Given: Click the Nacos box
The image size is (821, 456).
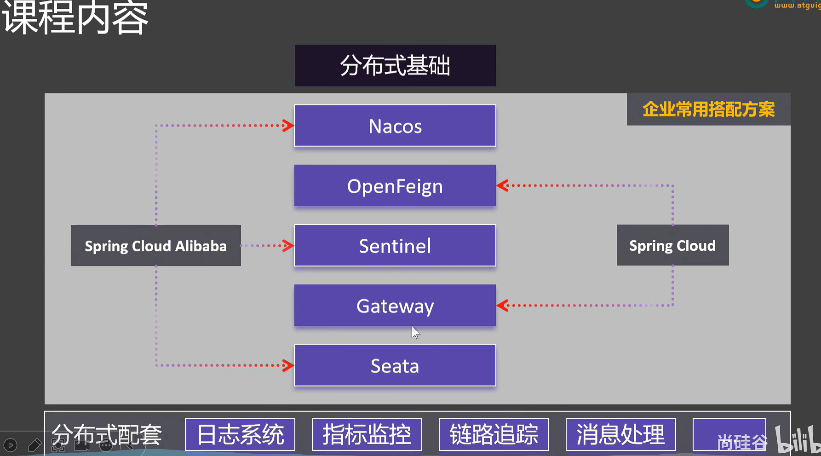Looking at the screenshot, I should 395,126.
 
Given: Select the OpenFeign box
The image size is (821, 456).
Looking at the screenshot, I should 395,185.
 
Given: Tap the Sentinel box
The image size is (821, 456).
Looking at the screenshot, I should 395,245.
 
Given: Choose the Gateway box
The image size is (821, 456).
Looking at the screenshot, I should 395,305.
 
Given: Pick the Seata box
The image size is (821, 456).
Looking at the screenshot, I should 395,365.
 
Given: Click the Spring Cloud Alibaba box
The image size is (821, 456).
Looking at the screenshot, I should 156,245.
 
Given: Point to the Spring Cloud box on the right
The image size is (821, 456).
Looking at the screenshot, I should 672,245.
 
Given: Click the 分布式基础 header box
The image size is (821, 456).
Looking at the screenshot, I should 395,65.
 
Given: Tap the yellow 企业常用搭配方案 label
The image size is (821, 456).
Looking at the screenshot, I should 708,110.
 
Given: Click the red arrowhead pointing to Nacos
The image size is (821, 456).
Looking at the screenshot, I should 288,126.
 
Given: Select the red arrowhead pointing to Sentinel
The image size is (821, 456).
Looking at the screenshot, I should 288,245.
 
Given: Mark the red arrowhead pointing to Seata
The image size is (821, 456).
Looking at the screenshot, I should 288,365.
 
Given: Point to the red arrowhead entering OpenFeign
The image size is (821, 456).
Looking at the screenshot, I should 503,185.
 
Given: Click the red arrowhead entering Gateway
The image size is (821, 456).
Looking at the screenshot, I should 503,305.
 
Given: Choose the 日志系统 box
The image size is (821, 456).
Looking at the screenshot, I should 240,434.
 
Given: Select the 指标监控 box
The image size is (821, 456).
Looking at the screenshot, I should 367,434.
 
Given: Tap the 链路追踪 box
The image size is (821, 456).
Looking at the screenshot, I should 494,434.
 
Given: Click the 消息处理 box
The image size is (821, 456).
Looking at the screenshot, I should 620,434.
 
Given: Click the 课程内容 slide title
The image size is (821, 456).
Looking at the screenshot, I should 75,18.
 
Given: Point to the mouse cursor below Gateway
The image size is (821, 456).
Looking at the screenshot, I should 415,332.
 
